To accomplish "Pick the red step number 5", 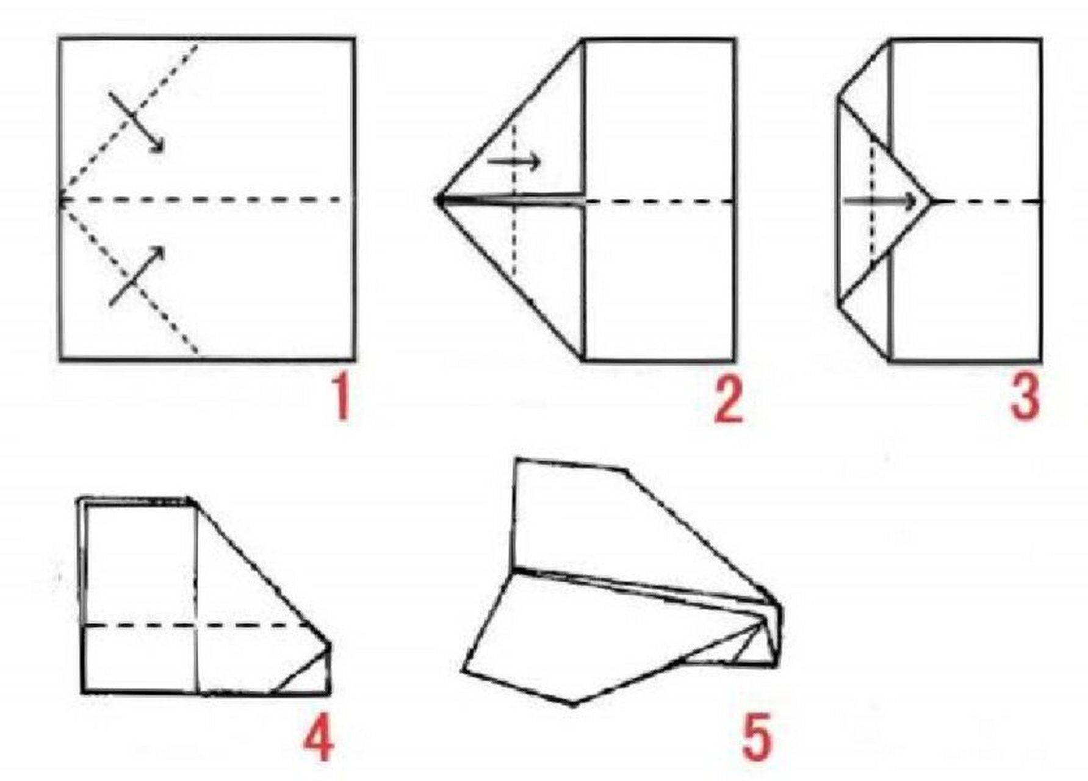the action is [x=757, y=738].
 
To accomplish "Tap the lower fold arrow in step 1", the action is [x=137, y=276].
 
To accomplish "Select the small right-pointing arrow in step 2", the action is [x=514, y=162].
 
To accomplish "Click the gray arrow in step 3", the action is [x=880, y=201].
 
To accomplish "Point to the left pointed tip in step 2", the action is [x=436, y=200].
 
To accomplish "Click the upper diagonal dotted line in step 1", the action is [x=129, y=120].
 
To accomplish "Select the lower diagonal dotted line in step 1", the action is [x=129, y=277].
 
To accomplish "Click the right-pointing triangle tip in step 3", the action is [x=931, y=201].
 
